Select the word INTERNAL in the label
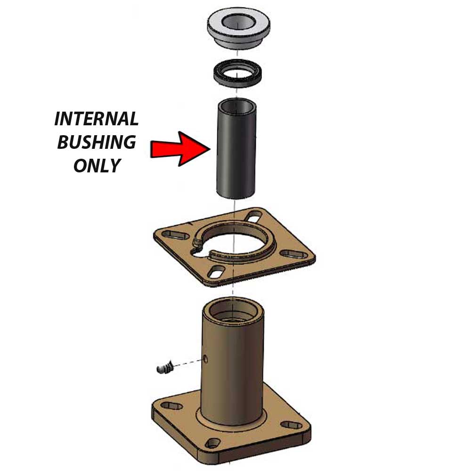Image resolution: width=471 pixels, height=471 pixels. point(96,119)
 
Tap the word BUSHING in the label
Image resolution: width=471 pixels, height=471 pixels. point(97,142)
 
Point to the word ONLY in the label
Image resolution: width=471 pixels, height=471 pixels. point(97,165)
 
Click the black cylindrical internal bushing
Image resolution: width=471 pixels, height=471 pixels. point(236,149)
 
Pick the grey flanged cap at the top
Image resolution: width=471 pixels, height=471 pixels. point(238,29)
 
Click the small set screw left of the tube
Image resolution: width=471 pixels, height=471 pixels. point(165,366)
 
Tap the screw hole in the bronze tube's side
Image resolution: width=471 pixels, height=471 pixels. point(205,358)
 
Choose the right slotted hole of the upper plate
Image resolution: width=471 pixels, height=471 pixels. point(294,254)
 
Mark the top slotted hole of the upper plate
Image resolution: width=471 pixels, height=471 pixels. point(253,216)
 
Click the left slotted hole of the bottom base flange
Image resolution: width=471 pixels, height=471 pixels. point(171,406)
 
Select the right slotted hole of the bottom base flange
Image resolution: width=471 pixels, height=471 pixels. point(291,425)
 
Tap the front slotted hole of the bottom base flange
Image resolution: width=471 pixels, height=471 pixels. point(213,443)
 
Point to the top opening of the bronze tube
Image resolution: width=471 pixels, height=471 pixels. point(233,312)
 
